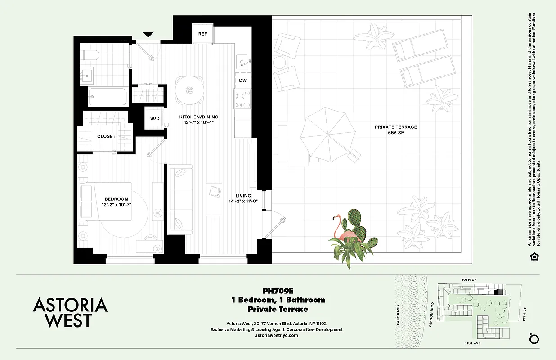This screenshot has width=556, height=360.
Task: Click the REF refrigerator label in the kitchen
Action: (202, 34)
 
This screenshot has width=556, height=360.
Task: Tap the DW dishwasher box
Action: (242, 80)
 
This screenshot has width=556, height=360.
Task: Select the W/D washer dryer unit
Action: (154, 118)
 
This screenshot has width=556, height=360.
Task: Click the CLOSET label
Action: (106, 136)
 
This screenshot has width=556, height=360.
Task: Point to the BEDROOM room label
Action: (117, 199)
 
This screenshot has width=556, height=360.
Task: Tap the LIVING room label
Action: (243, 196)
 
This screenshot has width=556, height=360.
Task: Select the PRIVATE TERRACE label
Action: (395, 127)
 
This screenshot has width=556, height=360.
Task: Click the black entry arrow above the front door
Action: (148, 35)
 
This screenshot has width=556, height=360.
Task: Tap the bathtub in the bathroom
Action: (108, 96)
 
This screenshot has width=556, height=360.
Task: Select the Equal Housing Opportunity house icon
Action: (534, 256)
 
